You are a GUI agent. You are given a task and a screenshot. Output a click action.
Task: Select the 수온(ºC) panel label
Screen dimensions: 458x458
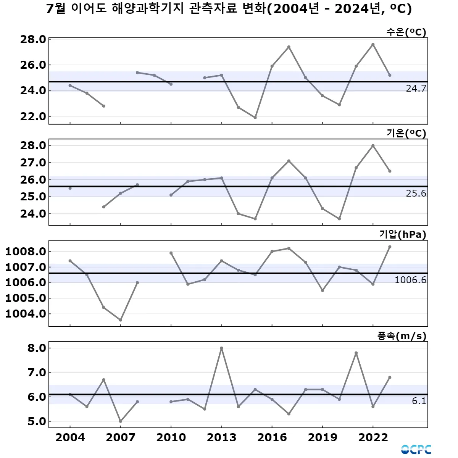click(x=406, y=32)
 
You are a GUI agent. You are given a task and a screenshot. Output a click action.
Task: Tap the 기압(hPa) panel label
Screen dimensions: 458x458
click(x=403, y=234)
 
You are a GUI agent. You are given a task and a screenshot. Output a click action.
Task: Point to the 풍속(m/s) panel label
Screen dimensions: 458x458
click(x=402, y=336)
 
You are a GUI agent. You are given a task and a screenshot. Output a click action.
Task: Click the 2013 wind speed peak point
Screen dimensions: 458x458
click(x=221, y=348)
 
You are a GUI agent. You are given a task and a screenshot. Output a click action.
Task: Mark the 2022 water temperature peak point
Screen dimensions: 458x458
click(x=373, y=44)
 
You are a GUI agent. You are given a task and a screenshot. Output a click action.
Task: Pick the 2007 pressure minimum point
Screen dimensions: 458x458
click(x=121, y=320)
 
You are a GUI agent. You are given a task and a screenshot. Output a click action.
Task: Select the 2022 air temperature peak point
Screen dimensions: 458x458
click(x=373, y=145)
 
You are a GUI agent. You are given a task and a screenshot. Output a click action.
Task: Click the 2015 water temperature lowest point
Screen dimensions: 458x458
click(x=255, y=118)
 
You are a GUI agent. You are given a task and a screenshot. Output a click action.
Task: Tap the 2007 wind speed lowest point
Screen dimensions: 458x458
click(x=121, y=421)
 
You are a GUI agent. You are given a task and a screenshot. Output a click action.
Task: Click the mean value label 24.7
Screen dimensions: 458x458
click(x=416, y=89)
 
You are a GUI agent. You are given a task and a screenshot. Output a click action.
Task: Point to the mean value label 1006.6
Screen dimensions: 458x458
click(x=410, y=280)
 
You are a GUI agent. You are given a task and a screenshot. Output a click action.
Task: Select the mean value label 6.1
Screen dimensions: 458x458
click(x=419, y=401)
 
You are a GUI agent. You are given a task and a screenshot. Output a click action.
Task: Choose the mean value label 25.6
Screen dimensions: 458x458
click(x=416, y=194)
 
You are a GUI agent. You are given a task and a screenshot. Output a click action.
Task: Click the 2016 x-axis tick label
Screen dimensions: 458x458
click(x=272, y=437)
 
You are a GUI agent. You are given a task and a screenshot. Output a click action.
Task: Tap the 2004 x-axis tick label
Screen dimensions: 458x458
click(x=70, y=437)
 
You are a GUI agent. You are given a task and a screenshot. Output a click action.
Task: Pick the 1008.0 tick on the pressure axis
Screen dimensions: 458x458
click(x=26, y=252)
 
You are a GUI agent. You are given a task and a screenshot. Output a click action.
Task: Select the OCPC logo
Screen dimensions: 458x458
click(x=416, y=450)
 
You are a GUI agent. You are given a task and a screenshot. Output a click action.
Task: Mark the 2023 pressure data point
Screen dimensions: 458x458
click(x=390, y=247)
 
